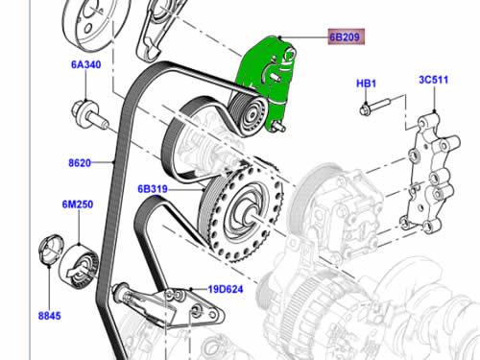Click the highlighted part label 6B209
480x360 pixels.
[x=346, y=36]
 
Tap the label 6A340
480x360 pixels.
[x=86, y=64]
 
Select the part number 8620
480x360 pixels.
[x=80, y=163]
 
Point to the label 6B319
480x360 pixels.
[x=153, y=189]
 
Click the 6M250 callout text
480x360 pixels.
[x=78, y=204]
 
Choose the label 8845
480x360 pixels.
[x=49, y=316]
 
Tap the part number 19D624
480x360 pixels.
[x=226, y=289]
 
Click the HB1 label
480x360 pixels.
[x=367, y=84]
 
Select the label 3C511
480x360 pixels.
[x=434, y=80]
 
